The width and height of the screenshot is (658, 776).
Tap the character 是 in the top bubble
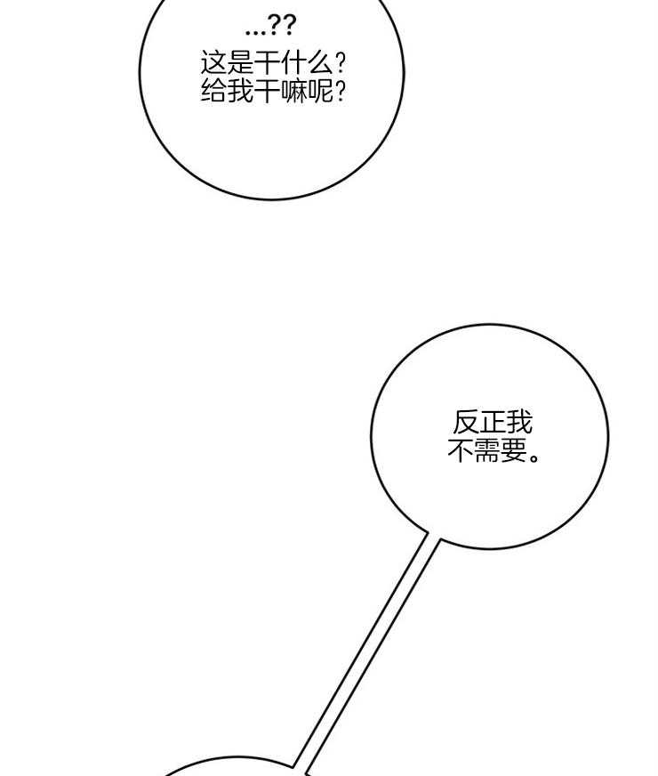[x=241, y=64]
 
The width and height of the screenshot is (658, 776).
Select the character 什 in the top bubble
[x=294, y=64]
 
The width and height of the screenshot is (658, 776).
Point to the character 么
[x=321, y=64]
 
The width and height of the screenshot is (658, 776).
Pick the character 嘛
[x=294, y=91]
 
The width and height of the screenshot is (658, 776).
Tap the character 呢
[x=321, y=91]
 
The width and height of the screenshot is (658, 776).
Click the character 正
[x=493, y=423]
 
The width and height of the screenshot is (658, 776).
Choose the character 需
[x=488, y=450]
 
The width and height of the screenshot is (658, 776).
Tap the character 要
[x=515, y=450]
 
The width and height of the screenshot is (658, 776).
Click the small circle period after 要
[x=534, y=457]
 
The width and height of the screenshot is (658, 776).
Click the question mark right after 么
[x=341, y=64]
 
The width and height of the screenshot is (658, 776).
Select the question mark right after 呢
[x=341, y=91]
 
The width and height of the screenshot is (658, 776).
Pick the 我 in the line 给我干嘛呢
[x=241, y=91]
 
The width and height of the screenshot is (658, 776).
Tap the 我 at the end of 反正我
[x=519, y=423]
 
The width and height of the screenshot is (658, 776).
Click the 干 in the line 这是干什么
[x=268, y=64]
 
